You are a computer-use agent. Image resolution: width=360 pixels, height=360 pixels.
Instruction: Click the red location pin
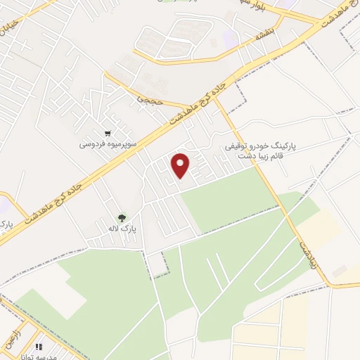click(x=181, y=165)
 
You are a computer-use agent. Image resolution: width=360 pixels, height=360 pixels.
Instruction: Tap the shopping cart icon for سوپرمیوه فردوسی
click(x=108, y=133)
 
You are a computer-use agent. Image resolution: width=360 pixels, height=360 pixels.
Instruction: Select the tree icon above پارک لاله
click(x=122, y=218)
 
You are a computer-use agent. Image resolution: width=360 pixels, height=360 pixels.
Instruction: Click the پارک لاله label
click(x=122, y=229)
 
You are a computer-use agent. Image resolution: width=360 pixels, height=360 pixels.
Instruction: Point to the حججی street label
click(x=149, y=99)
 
